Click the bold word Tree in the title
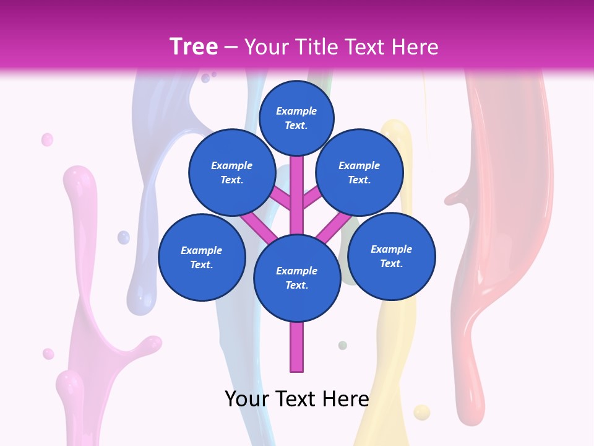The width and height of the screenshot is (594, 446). click(194, 46)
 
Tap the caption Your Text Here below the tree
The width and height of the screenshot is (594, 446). click(296, 399)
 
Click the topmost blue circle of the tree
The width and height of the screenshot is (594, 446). click(296, 118)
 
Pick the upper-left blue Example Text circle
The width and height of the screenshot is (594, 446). click(231, 172)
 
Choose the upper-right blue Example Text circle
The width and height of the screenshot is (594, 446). click(359, 172)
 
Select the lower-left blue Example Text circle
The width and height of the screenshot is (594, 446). click(202, 257)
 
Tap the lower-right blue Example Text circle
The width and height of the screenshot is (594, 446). click(392, 256)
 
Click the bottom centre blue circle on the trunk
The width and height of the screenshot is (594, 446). click(297, 278)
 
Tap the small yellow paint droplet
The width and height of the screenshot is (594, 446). click(421, 412)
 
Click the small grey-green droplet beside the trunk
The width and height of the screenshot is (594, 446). click(342, 345)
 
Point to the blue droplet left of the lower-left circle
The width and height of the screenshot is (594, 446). click(124, 237)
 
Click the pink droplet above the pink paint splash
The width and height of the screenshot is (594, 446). click(47, 139)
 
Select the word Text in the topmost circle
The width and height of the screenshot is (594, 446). click(296, 125)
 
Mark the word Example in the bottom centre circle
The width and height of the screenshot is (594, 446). click(296, 271)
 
